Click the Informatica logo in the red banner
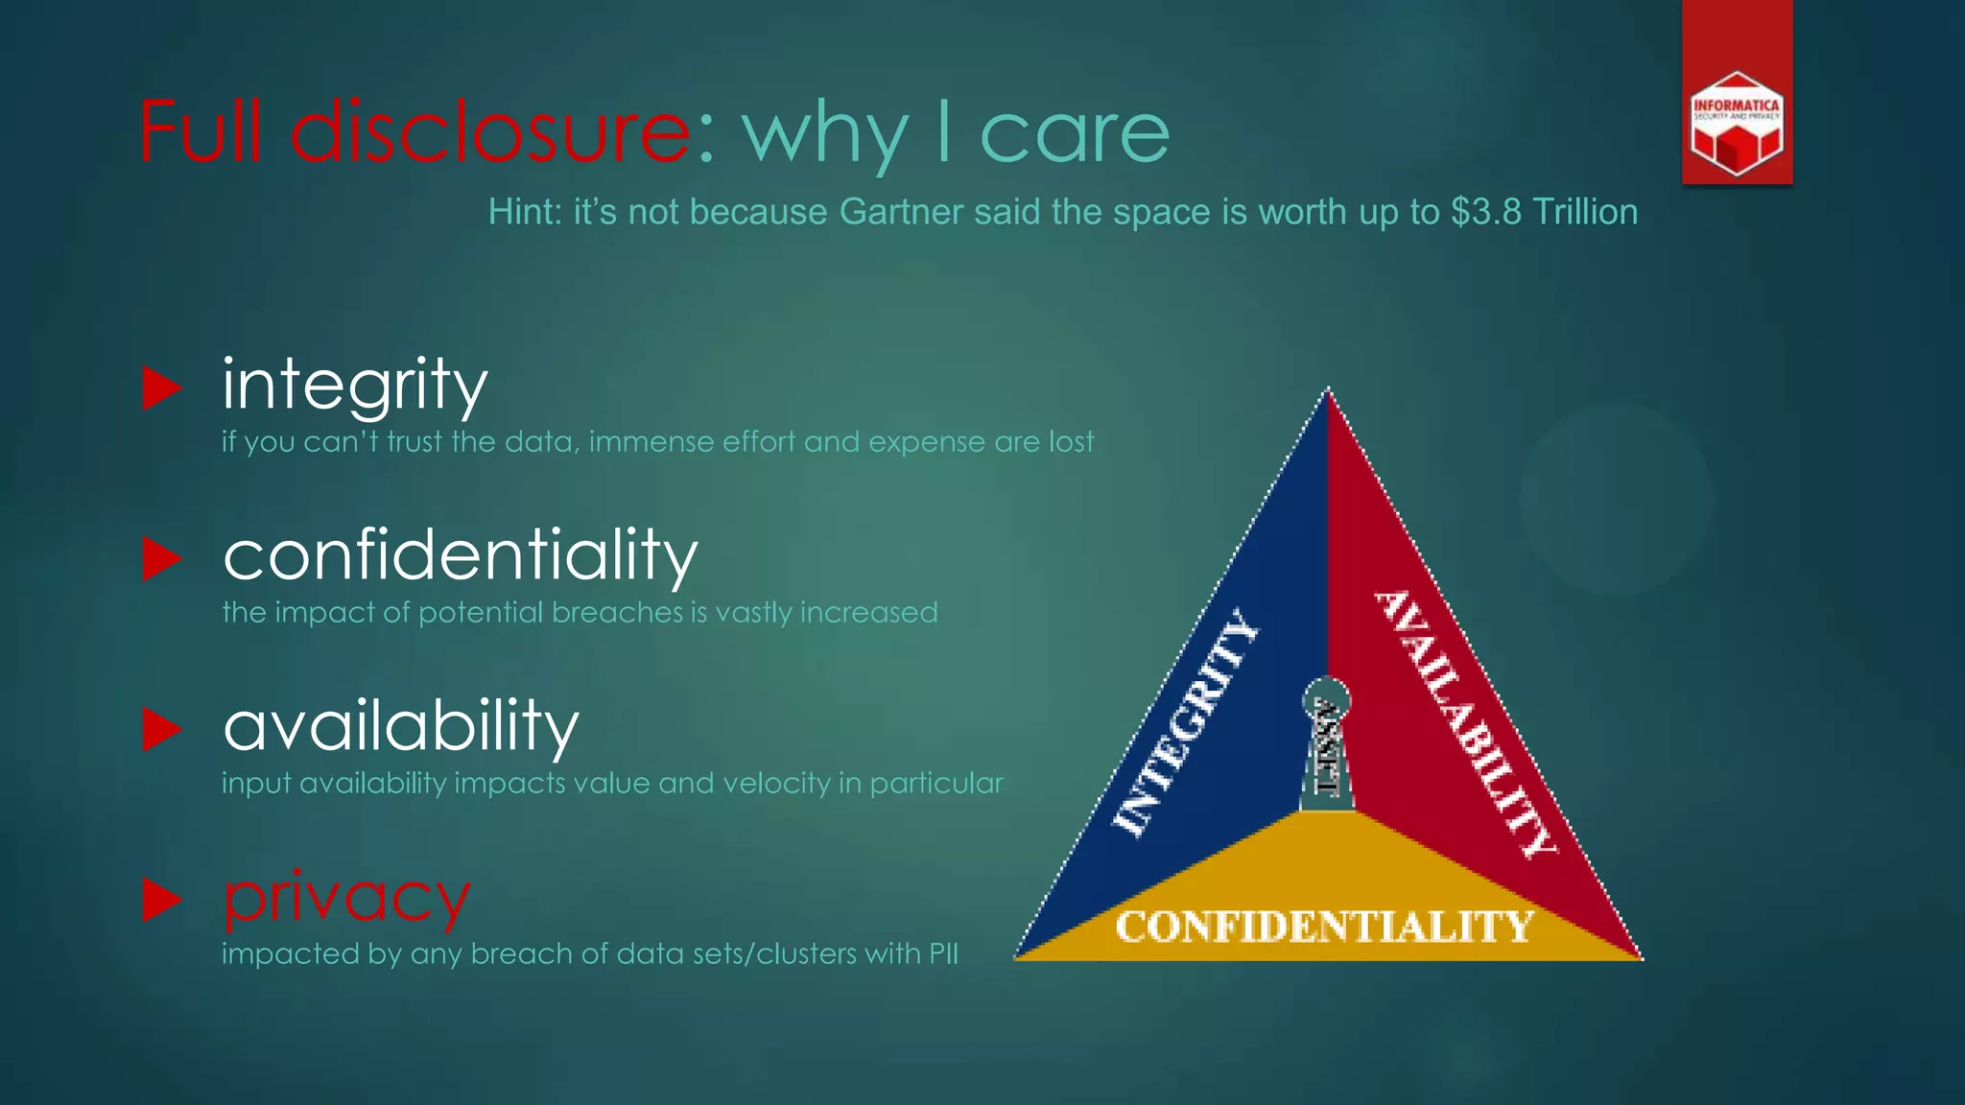pyautogui.click(x=1737, y=124)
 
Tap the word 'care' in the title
pyautogui.click(x=1075, y=133)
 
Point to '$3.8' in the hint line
pyautogui.click(x=1485, y=212)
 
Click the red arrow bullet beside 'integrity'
pyautogui.click(x=162, y=388)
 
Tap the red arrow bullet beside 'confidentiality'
pyautogui.click(x=162, y=558)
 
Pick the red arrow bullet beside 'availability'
pyautogui.click(x=162, y=729)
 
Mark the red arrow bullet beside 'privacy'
pyautogui.click(x=162, y=900)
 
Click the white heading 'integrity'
pyautogui.click(x=355, y=384)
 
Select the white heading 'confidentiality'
pyautogui.click(x=461, y=555)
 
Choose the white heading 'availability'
pyautogui.click(x=401, y=726)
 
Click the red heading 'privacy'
pyautogui.click(x=346, y=898)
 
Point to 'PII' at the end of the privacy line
pyautogui.click(x=943, y=954)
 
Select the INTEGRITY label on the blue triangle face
pyautogui.click(x=1186, y=723)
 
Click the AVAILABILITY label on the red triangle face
pyautogui.click(x=1464, y=723)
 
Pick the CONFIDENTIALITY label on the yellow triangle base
pyautogui.click(x=1324, y=927)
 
